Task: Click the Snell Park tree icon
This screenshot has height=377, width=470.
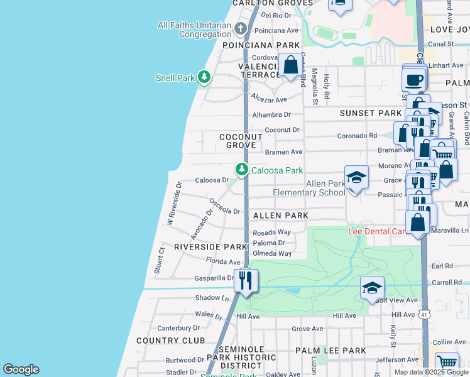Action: [x=204, y=77]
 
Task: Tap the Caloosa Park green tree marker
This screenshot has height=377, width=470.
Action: [x=241, y=170]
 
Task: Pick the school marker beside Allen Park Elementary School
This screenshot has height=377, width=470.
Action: [x=356, y=178]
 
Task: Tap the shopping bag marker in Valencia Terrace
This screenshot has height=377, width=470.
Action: [x=290, y=65]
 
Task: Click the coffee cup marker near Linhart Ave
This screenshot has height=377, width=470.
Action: [x=414, y=80]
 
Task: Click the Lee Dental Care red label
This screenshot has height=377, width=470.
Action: [x=378, y=231]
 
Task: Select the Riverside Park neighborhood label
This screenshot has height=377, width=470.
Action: [x=210, y=247]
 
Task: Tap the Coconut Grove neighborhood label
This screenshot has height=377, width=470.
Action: [x=238, y=141]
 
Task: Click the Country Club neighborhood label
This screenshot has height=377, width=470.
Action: [x=170, y=341]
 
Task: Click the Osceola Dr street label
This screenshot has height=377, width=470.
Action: [x=225, y=206]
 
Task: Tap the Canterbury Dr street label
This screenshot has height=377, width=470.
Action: [x=178, y=328]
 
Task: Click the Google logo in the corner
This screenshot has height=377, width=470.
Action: [x=21, y=369]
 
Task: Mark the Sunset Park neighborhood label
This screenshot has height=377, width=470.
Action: [x=370, y=113]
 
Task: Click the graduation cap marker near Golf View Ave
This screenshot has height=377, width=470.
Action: [x=372, y=288]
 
